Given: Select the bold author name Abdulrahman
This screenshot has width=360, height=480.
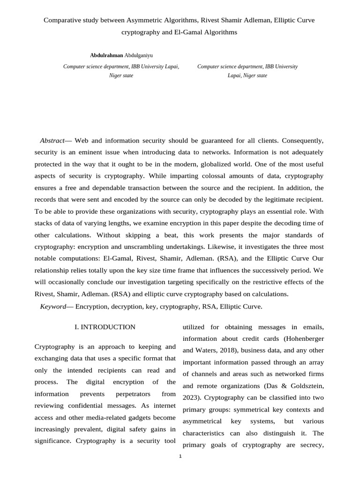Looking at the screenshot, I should pyautogui.click(x=107, y=55).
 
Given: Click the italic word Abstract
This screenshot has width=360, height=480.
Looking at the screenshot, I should pyautogui.click(x=52, y=140).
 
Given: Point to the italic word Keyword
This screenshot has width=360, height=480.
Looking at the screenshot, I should pyautogui.click(x=53, y=307).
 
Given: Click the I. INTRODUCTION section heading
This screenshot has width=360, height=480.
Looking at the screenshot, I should pyautogui.click(x=105, y=327).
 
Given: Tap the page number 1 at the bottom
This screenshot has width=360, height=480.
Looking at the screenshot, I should pyautogui.click(x=180, y=456).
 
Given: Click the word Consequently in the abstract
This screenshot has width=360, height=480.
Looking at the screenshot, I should pyautogui.click(x=302, y=140).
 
